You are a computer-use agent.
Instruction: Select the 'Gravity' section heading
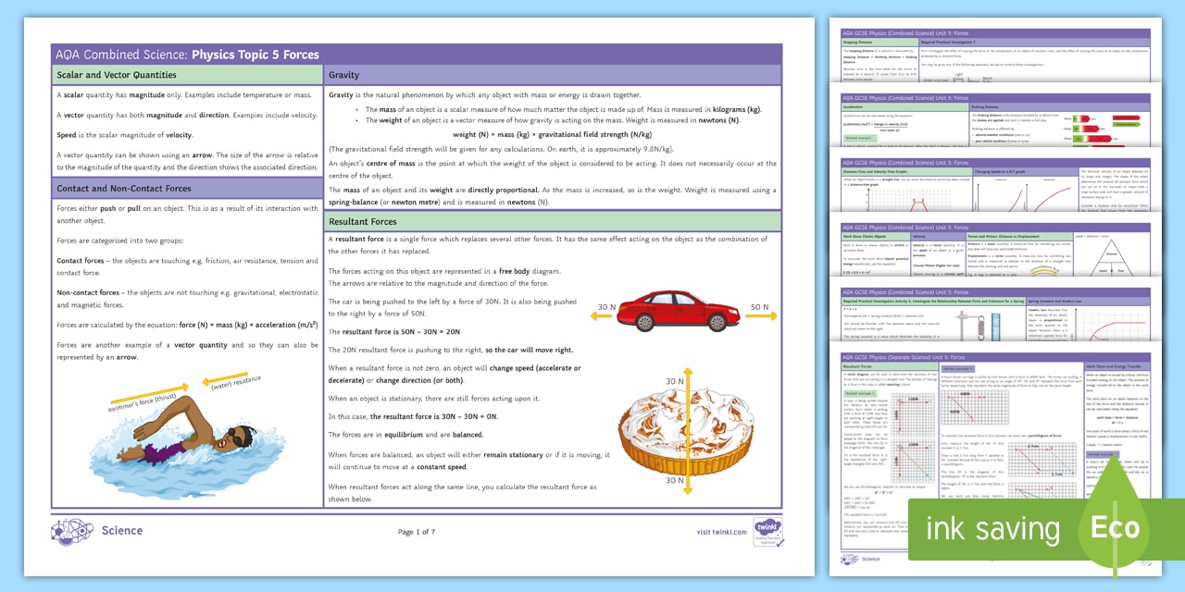[344, 75]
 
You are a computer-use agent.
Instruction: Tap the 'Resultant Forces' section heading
[363, 222]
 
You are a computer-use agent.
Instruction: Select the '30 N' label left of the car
[606, 307]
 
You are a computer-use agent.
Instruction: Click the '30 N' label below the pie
[674, 481]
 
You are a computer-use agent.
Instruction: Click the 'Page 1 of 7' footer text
[416, 532]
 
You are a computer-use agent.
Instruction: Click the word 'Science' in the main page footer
[122, 531]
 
